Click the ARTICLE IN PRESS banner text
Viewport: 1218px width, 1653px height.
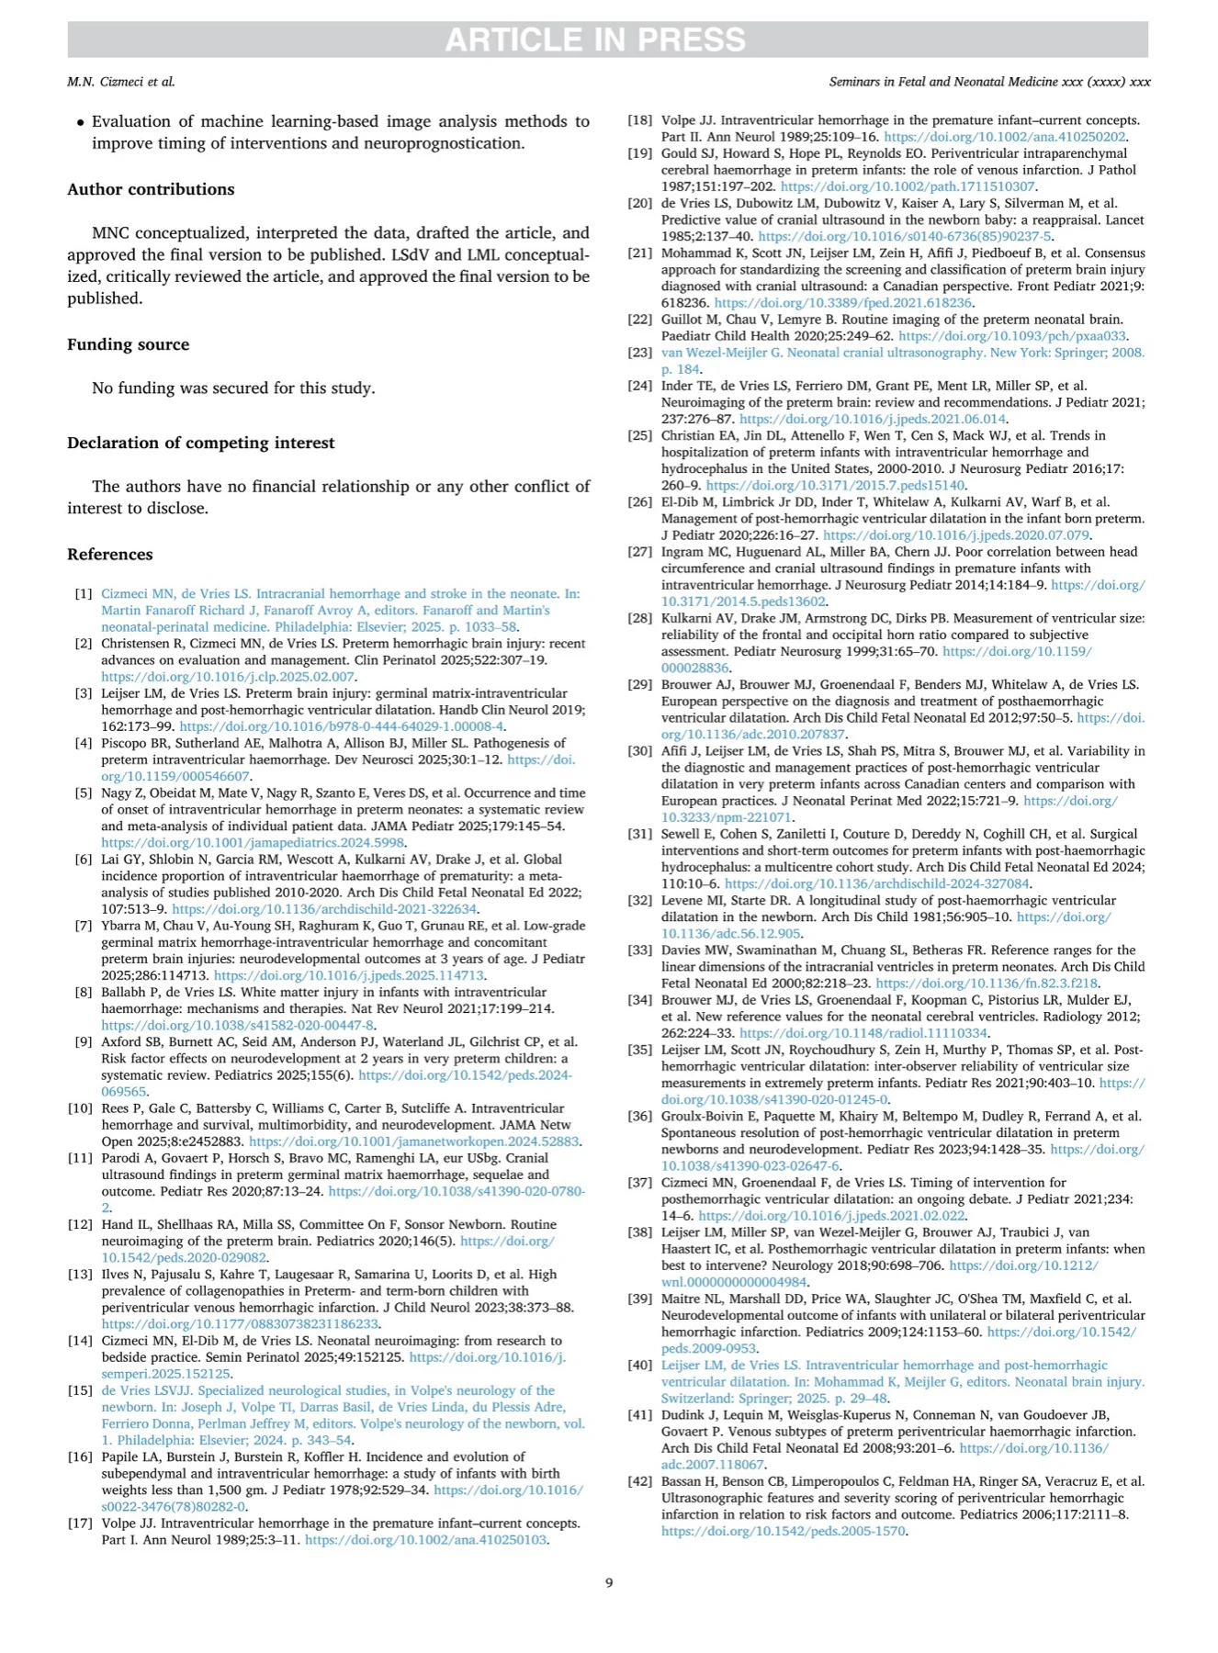point(595,40)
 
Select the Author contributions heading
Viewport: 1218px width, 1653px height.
point(151,189)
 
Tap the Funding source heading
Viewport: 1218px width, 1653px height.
point(128,344)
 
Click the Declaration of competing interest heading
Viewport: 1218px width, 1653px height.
point(200,443)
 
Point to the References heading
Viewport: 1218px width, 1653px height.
point(110,555)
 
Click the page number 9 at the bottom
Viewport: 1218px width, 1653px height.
point(609,1582)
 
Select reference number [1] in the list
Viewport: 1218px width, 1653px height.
point(84,594)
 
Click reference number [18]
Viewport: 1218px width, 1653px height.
point(640,120)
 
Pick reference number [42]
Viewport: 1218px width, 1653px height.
point(640,1481)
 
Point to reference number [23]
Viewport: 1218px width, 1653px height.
point(640,353)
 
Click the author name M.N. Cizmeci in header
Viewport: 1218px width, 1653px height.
point(120,82)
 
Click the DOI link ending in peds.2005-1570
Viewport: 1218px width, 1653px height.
point(784,1532)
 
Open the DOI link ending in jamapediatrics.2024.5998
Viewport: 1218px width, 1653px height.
point(253,843)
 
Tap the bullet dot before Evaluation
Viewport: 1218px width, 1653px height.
point(81,122)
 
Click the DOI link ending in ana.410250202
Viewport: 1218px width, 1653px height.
point(1005,137)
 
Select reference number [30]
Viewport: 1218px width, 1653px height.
point(640,751)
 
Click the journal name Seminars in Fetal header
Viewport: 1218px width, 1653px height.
point(989,82)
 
